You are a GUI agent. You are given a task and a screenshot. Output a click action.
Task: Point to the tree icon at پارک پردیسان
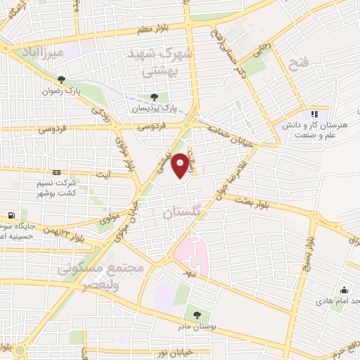154,98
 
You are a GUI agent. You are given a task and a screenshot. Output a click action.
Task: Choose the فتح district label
299,65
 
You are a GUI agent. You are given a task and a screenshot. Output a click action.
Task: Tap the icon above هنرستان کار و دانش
314,112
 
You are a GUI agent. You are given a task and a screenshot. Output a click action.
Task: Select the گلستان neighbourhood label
181,212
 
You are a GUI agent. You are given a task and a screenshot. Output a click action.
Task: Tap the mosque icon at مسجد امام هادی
344,290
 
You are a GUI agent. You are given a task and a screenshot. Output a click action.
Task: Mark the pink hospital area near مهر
191,255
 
